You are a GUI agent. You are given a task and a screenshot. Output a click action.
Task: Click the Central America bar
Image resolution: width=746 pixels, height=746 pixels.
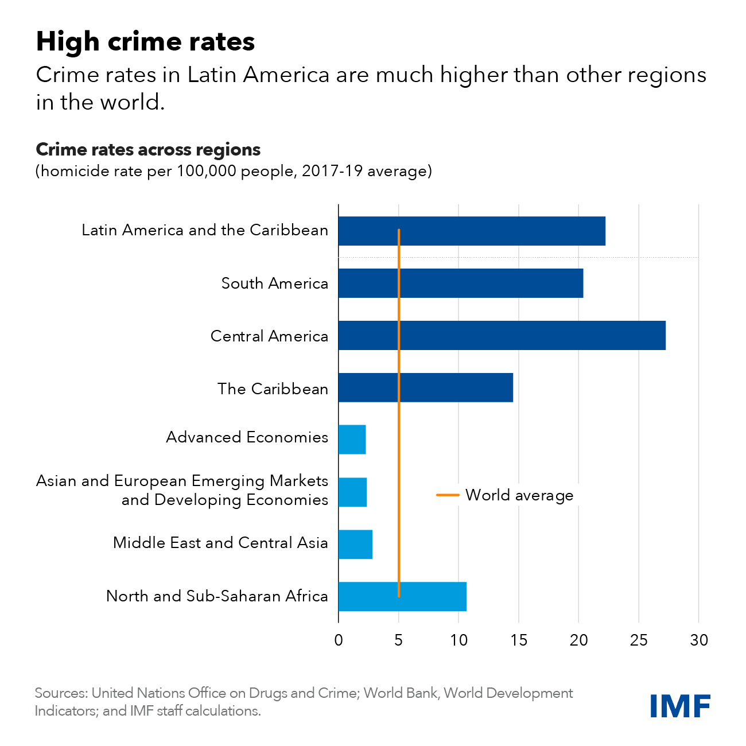[502, 336]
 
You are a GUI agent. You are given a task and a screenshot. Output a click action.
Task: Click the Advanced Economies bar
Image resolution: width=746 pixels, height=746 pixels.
[352, 440]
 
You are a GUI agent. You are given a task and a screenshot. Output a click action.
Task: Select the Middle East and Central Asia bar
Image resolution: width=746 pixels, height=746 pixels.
[355, 545]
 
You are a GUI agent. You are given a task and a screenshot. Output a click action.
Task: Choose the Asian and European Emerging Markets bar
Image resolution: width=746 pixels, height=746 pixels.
[353, 492]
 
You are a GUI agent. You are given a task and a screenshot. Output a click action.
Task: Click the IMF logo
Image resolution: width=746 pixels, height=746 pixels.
[680, 705]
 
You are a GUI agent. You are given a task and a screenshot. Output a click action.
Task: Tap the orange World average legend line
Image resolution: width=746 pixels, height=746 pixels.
[448, 495]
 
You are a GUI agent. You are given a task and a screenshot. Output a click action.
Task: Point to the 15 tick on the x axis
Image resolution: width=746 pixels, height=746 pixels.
[519, 640]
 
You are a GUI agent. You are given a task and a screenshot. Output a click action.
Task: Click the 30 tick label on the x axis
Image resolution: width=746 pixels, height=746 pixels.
[699, 640]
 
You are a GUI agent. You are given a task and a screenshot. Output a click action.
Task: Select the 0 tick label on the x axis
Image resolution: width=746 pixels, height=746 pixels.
[339, 640]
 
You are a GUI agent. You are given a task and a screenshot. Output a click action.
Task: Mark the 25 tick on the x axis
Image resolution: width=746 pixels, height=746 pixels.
[639, 640]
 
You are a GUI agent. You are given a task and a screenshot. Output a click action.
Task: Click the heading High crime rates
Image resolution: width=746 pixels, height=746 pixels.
[145, 41]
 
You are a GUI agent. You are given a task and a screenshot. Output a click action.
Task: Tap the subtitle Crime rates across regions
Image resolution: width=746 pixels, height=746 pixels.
[148, 149]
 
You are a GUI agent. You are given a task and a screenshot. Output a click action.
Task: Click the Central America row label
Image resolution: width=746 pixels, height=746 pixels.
[269, 336]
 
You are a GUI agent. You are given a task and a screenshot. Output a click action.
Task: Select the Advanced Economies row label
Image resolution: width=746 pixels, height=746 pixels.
[247, 437]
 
